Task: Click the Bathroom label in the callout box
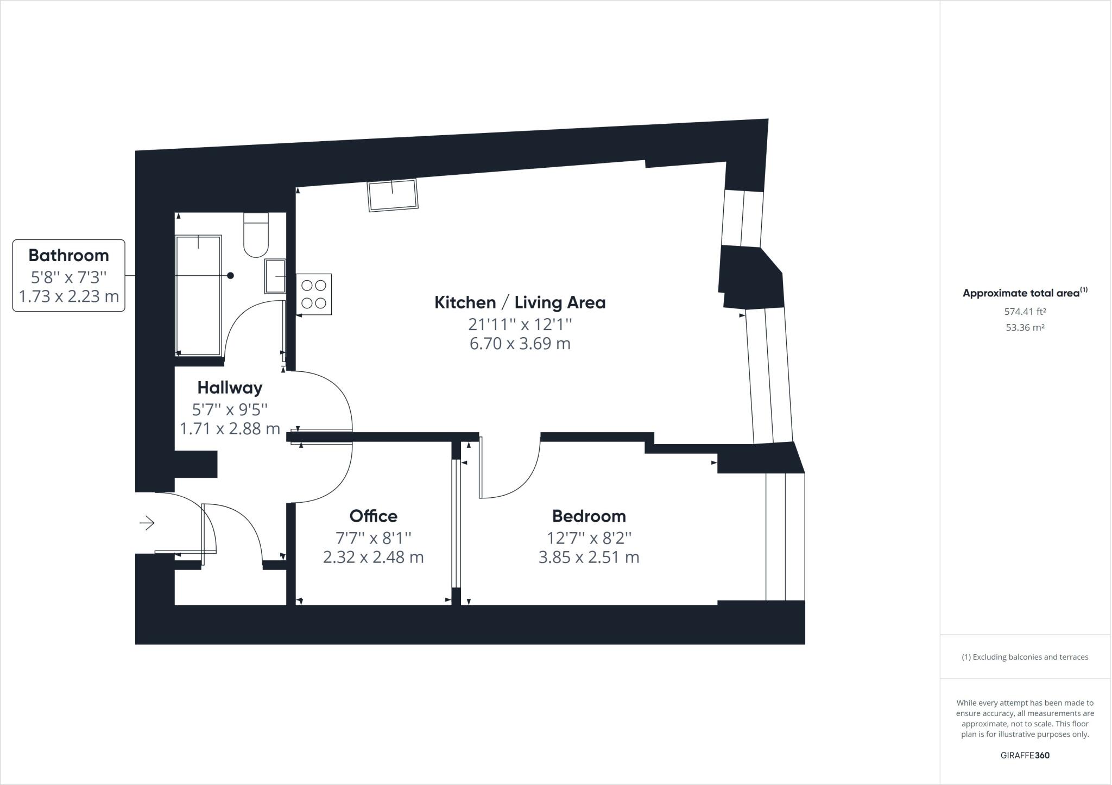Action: (68, 255)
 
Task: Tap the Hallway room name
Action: (230, 388)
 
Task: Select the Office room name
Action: (373, 516)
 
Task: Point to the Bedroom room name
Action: (589, 516)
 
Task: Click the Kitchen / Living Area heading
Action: (520, 302)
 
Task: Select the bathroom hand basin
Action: (275, 276)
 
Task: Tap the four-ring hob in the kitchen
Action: (314, 294)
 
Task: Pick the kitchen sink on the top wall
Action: (393, 195)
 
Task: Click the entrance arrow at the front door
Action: (147, 523)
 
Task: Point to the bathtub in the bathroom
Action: (199, 295)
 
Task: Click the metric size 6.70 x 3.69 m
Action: (520, 344)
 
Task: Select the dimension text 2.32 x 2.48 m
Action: (373, 558)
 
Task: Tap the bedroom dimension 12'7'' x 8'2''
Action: (589, 538)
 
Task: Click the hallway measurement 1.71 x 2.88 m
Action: (230, 429)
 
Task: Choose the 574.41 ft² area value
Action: (1025, 312)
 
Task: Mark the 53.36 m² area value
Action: (1025, 328)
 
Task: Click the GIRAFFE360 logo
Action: (1025, 755)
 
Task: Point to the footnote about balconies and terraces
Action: (1025, 657)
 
